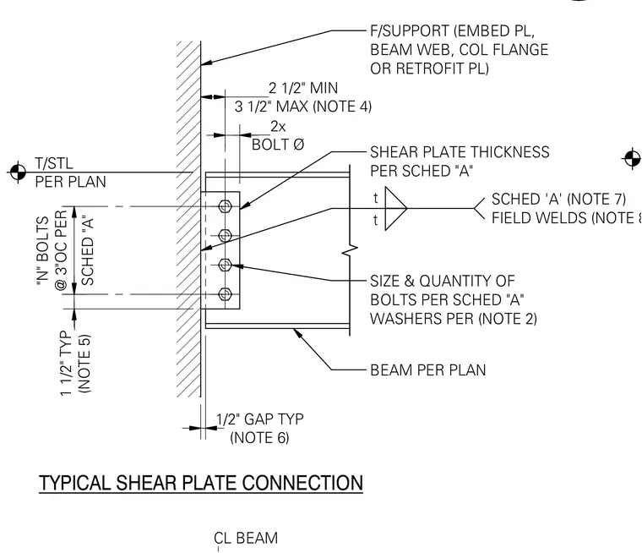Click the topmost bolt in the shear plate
[x=225, y=206]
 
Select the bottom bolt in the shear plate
[x=225, y=294]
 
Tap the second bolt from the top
[x=225, y=235]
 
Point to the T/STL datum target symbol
[x=18, y=172]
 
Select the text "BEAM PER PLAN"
[x=428, y=370]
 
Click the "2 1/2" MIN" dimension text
[x=303, y=88]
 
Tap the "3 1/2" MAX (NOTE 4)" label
[x=303, y=107]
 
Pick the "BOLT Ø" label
[x=278, y=145]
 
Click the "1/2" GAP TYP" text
[x=260, y=419]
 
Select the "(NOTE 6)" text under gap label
[x=259, y=438]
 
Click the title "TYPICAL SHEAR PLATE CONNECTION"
[x=201, y=483]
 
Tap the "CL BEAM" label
[x=246, y=538]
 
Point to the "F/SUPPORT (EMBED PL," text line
[x=453, y=31]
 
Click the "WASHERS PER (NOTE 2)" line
[x=454, y=319]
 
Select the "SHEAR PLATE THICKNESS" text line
[x=460, y=152]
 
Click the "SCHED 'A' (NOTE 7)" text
[x=558, y=200]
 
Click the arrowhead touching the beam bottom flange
[x=297, y=333]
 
